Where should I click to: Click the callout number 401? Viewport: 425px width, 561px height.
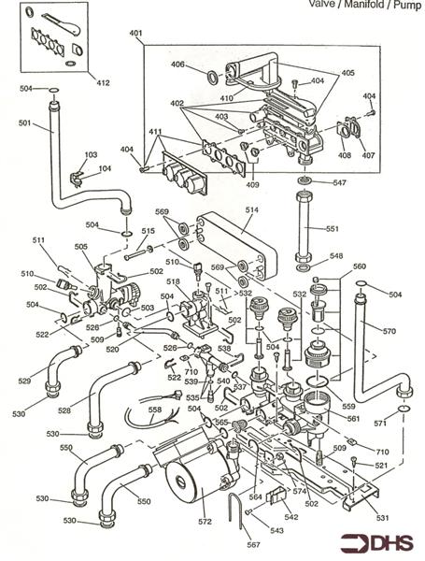point(136,34)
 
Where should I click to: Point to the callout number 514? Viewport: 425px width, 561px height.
point(250,210)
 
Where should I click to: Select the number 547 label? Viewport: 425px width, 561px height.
point(340,183)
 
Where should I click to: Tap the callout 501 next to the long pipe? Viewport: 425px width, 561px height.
point(23,122)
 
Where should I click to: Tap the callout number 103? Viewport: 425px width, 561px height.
point(91,154)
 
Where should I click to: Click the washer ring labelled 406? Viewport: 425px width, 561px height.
point(212,74)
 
